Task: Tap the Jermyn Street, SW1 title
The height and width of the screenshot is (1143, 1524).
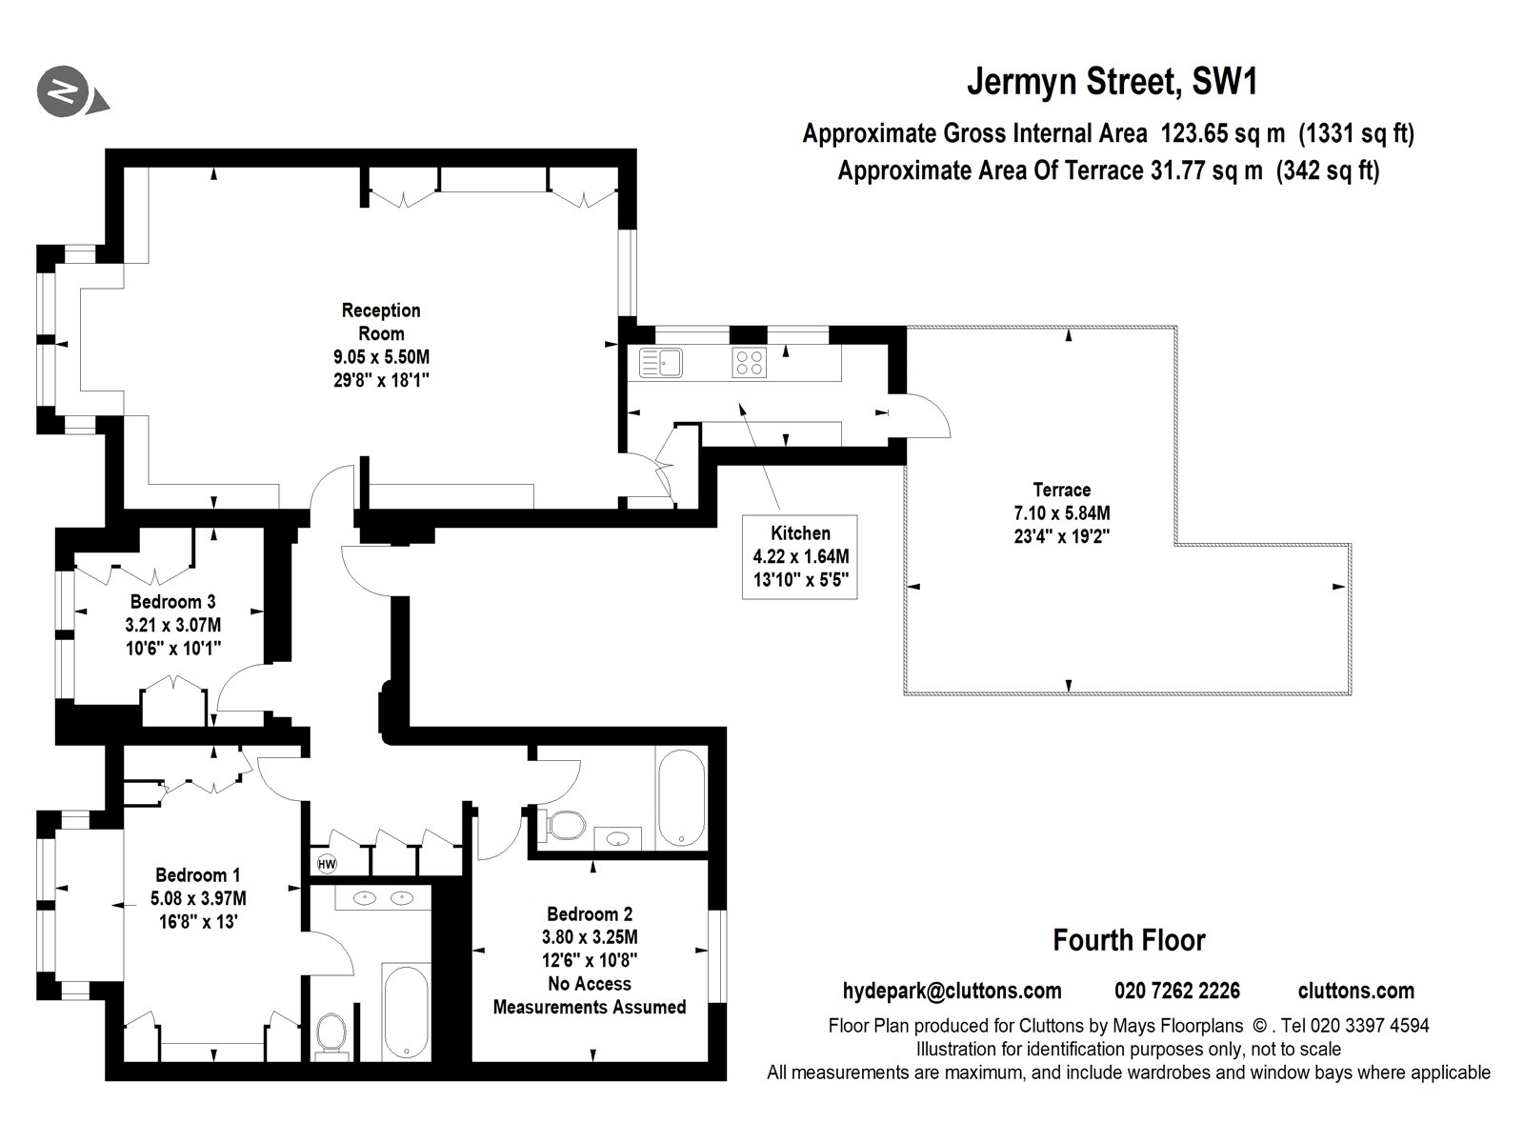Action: click(x=1112, y=82)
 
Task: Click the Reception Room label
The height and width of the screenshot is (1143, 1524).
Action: click(x=380, y=322)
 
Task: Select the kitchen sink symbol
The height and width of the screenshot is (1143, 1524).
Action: click(x=661, y=362)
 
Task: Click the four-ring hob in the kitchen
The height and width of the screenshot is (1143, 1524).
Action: click(x=749, y=362)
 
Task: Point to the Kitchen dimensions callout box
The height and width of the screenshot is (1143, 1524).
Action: click(x=800, y=557)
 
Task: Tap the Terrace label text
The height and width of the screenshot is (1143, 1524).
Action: click(x=1061, y=491)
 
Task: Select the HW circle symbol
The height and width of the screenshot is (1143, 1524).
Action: click(x=327, y=864)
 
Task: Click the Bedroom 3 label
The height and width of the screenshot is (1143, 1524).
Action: click(x=172, y=602)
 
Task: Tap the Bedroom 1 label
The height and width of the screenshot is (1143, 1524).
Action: click(x=198, y=875)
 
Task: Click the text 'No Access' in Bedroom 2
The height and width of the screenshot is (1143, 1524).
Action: click(x=589, y=984)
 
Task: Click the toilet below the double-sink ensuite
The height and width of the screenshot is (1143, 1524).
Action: click(x=331, y=1033)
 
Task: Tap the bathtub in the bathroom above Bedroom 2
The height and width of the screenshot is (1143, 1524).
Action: click(x=680, y=798)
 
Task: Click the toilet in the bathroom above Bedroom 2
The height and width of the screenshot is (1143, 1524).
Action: click(x=563, y=825)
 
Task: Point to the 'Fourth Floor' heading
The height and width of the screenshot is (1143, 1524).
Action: click(x=1129, y=941)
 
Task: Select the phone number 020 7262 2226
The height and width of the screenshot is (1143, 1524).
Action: click(x=1177, y=991)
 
